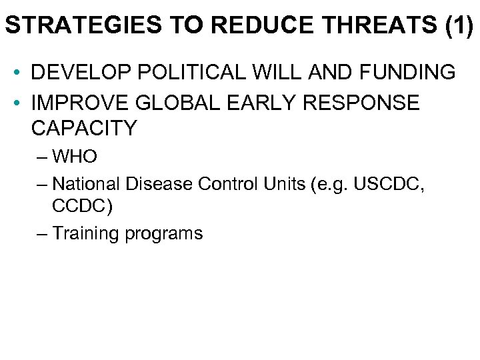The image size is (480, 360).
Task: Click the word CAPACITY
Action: pos(83,128)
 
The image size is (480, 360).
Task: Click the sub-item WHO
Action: pos(75,157)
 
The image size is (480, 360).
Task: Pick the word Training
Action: pos(84,233)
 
